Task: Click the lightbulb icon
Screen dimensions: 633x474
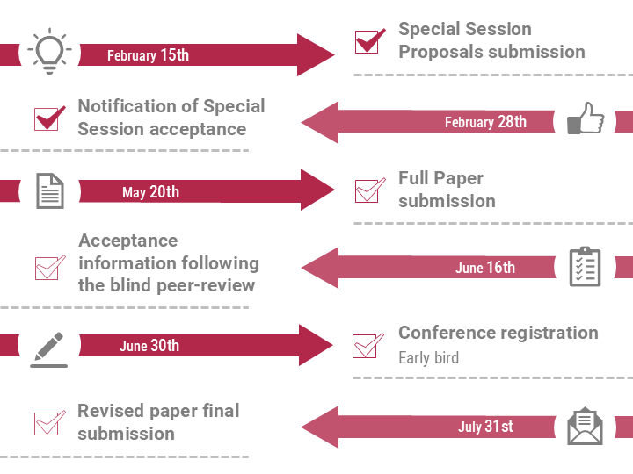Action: (49, 51)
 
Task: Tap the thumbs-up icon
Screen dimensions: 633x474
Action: (586, 118)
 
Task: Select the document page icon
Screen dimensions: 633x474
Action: (50, 191)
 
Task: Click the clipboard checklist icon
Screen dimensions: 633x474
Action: (585, 267)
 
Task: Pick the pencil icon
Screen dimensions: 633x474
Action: (49, 349)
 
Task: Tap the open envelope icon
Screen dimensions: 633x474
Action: (585, 427)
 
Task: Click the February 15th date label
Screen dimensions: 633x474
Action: (149, 55)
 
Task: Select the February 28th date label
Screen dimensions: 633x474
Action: (485, 122)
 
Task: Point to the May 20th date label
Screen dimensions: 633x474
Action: (150, 192)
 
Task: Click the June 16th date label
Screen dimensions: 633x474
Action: (485, 268)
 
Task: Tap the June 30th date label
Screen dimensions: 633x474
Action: (149, 346)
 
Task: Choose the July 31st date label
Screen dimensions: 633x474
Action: (485, 426)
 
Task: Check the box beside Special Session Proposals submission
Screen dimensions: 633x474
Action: (367, 42)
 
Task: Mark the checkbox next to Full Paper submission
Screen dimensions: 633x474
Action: (367, 191)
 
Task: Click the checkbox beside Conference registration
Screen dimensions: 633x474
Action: (365, 346)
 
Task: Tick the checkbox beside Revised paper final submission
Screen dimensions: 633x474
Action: (46, 423)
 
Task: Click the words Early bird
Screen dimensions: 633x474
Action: (429, 358)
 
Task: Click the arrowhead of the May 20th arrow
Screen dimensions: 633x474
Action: (317, 190)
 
